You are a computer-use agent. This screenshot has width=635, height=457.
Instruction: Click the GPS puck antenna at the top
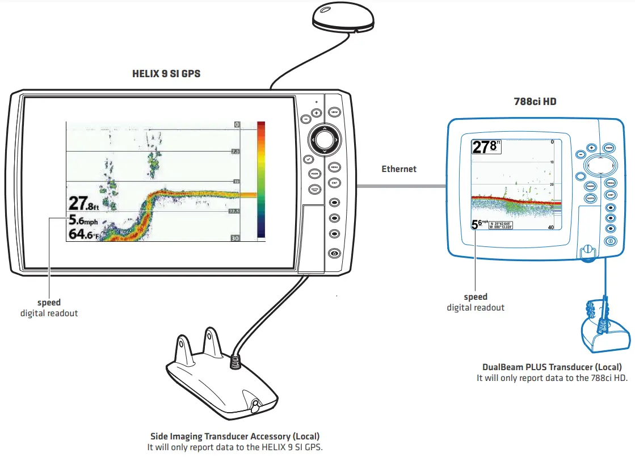(343, 19)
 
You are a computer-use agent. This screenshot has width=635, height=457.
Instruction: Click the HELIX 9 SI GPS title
(166, 74)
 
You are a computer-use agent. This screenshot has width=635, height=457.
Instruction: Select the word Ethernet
(399, 169)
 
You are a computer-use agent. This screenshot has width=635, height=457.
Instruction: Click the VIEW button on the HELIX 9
(334, 112)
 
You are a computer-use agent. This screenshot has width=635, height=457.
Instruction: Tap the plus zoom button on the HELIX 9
(316, 113)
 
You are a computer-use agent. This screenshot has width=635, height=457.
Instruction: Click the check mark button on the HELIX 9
(308, 160)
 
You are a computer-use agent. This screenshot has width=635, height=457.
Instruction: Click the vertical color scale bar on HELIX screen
(261, 179)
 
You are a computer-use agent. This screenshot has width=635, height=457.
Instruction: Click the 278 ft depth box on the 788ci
(486, 148)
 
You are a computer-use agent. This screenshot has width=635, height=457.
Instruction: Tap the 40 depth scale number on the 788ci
(550, 227)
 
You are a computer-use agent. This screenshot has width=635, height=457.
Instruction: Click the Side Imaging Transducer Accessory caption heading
(234, 437)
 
